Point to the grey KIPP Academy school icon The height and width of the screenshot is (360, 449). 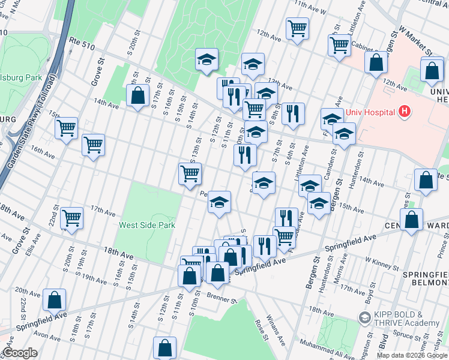(x=364, y=316)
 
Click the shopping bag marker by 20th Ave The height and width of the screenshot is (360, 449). (x=54, y=299)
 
